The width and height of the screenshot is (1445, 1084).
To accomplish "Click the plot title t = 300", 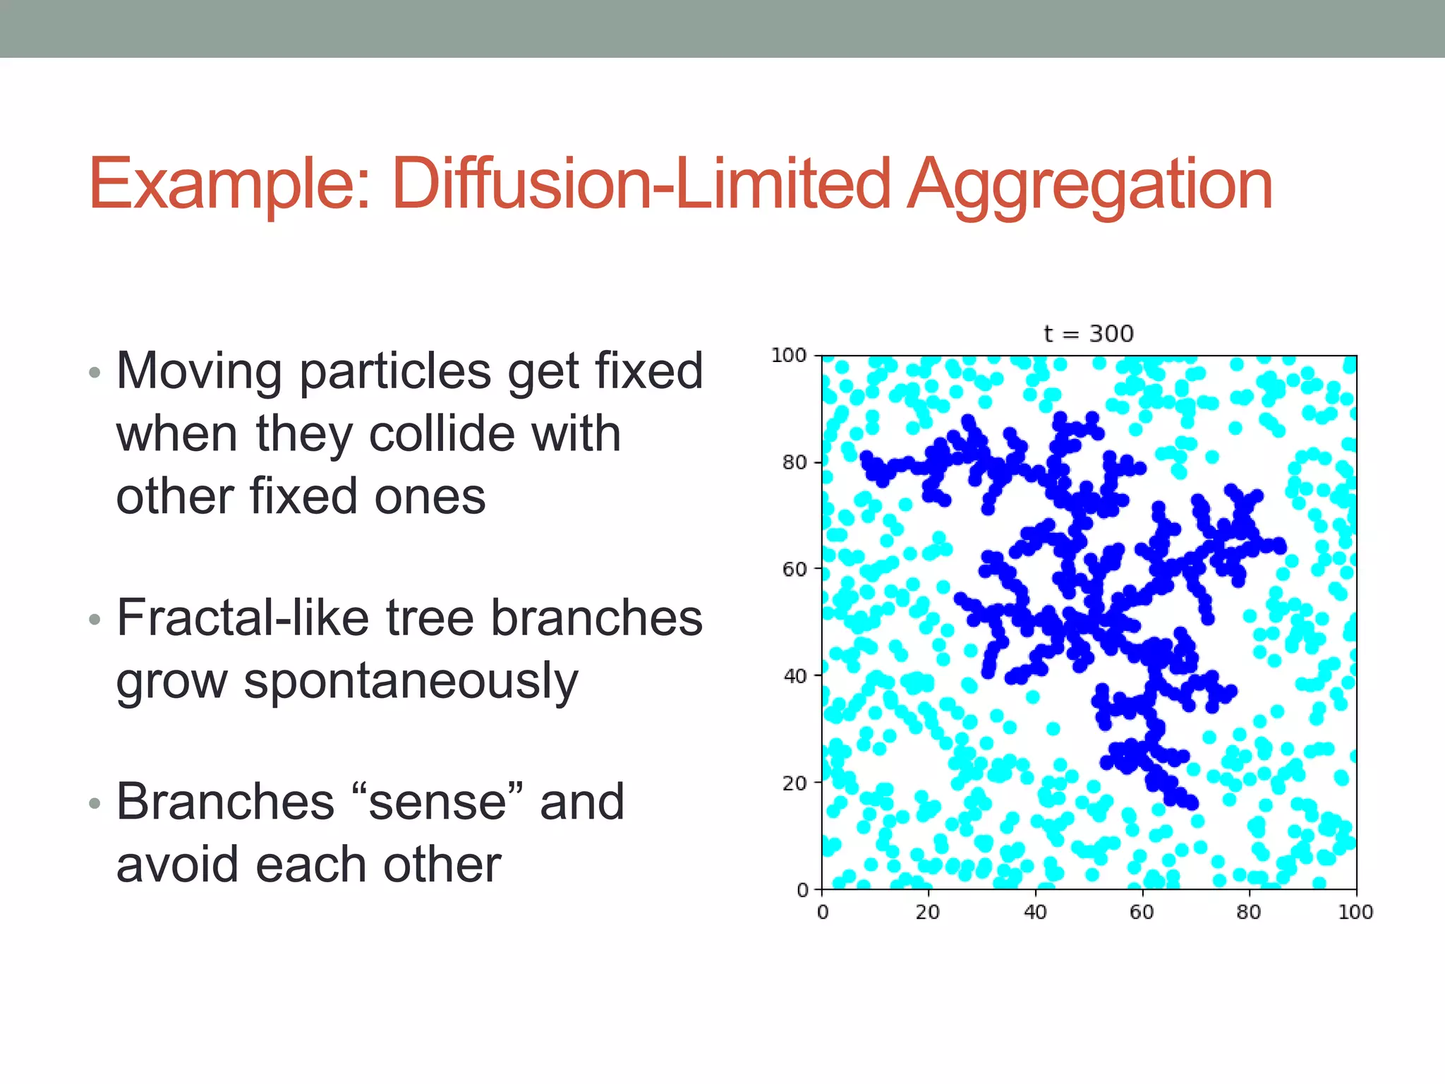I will (x=1089, y=333).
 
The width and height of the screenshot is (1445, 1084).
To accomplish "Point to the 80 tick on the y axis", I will (x=794, y=463).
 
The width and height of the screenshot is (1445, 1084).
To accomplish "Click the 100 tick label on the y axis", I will (x=789, y=356).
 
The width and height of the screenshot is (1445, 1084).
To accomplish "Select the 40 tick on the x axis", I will (x=1035, y=913).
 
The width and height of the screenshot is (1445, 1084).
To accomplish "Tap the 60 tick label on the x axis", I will (x=1142, y=913).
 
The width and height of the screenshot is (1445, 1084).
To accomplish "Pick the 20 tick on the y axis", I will (x=794, y=783).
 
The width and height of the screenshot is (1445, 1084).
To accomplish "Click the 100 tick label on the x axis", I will (x=1355, y=913).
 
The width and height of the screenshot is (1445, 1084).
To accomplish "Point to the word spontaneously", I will (x=411, y=682).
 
